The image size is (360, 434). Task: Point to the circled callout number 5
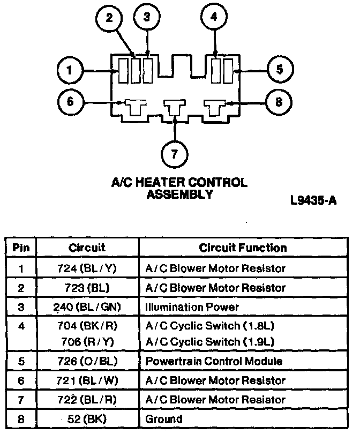(280, 70)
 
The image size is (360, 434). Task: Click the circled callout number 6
(70, 102)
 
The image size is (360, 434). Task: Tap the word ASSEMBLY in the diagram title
(179, 194)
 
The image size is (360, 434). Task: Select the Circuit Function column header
(243, 248)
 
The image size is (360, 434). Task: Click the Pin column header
(21, 248)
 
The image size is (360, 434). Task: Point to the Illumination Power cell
(192, 307)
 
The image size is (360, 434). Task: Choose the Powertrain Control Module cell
(214, 361)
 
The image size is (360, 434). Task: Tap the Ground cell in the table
(164, 419)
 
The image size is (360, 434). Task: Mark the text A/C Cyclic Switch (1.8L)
(210, 325)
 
